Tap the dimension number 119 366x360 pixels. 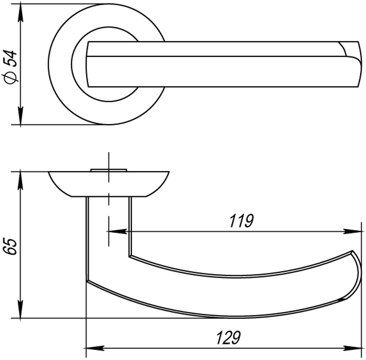point(241,222)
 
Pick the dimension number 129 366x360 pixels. point(228,337)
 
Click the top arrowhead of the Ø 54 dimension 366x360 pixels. point(20,11)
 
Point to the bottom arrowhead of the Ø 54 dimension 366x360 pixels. point(20,118)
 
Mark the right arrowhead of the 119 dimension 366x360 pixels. point(353,231)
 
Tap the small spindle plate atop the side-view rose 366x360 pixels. point(108,170)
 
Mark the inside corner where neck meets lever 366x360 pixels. point(130,255)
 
